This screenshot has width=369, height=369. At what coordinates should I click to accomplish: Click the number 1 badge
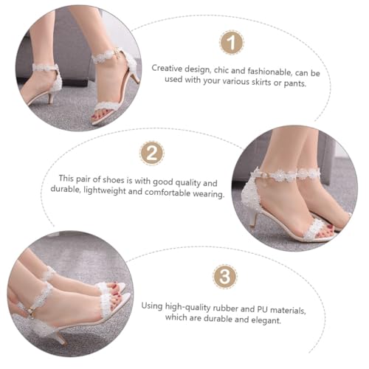pyautogui.click(x=232, y=42)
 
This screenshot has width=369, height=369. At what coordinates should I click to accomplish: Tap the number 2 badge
pyautogui.click(x=152, y=154)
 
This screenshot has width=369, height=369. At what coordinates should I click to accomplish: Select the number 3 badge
pyautogui.click(x=225, y=276)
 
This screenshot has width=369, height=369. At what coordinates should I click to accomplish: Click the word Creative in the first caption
pyautogui.click(x=167, y=69)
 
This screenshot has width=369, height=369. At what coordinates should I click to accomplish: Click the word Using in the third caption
pyautogui.click(x=152, y=306)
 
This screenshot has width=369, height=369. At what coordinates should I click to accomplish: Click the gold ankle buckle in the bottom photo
pyautogui.click(x=30, y=311)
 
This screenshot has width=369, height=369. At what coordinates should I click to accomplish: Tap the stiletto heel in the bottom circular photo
pyautogui.click(x=59, y=337)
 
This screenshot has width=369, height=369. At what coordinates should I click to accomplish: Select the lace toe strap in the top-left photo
pyautogui.click(x=106, y=106)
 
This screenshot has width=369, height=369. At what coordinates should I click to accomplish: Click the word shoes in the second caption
pyautogui.click(x=113, y=180)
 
